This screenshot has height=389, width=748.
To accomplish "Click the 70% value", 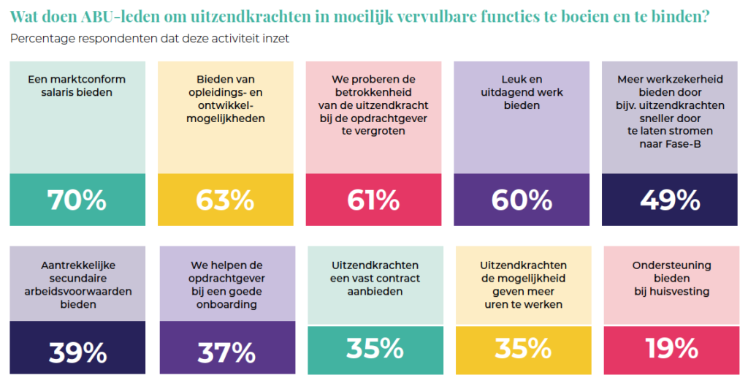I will tap(77, 199).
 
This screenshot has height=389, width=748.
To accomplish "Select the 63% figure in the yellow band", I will tap(225, 199).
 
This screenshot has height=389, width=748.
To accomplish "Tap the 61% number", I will tap(373, 199).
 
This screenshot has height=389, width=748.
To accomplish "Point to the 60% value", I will tap(522, 199).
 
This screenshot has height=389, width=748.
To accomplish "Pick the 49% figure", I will tap(670, 199).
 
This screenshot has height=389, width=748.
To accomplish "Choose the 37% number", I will tap(226, 352).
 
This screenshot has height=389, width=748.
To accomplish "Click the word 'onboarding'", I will tap(226, 305).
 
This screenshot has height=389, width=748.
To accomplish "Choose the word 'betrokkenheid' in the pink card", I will tap(373, 92).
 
